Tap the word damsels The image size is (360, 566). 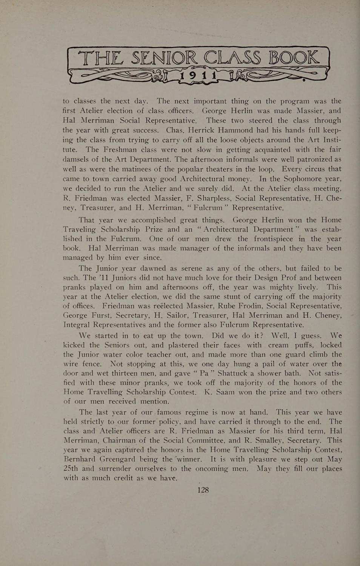pos(78,159)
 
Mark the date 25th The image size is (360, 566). pos(71,469)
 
